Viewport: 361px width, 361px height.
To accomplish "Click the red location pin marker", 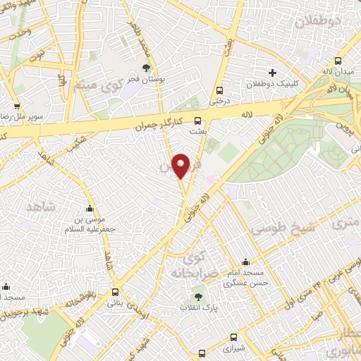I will tap(181, 166).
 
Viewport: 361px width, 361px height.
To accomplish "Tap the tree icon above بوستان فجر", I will tap(146, 68).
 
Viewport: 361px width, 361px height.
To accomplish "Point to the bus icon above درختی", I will tap(220, 90).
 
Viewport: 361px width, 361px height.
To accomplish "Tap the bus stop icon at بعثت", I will tap(198, 120).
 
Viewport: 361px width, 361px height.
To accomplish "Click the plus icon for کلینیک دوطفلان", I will tap(273, 73).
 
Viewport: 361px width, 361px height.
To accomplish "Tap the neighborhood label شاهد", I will tap(40, 207).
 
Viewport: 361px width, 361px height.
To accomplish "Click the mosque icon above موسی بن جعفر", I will tap(90, 209).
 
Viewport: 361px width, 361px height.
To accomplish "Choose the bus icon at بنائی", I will tap(114, 291).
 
